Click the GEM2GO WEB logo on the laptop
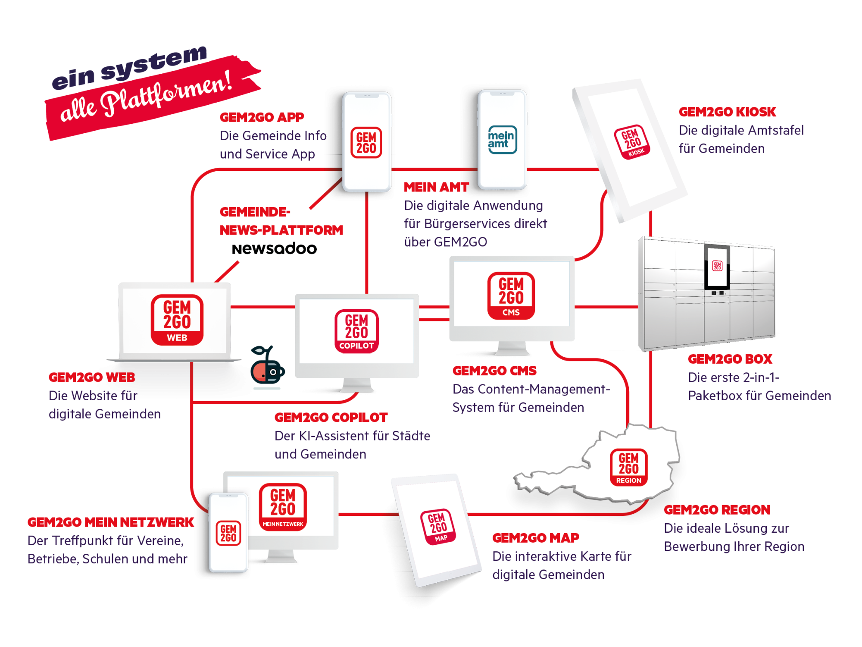pos(177,320)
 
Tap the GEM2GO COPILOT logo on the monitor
pos(356,331)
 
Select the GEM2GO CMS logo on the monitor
pos(511,296)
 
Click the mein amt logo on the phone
pos(502,140)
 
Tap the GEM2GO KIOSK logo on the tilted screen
pos(632,142)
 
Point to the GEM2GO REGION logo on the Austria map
pos(628,468)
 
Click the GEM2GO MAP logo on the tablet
pos(438,527)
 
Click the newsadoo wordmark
pos(274,249)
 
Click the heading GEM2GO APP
pos(262,117)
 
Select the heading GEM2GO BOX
pos(730,359)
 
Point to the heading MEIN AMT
pos(436,187)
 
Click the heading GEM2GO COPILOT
pos(331,418)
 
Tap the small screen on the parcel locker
pos(717,267)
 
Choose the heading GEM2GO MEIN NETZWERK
pos(111,522)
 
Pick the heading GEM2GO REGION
pos(717,510)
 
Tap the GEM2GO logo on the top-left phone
pos(366,143)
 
